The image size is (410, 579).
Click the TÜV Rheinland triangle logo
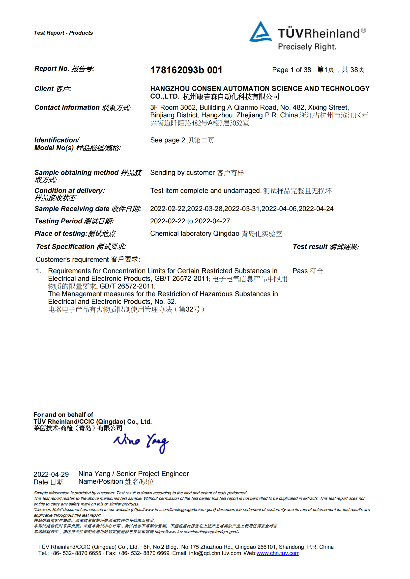tap(260, 32)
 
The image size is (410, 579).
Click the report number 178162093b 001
tap(186, 70)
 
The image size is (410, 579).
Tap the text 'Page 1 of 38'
tap(291, 70)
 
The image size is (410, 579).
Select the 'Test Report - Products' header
tap(63, 33)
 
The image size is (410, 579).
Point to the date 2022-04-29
tap(51, 474)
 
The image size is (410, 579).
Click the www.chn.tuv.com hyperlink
tap(278, 553)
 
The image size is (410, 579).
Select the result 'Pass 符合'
tap(308, 271)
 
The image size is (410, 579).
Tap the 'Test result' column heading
tap(326, 247)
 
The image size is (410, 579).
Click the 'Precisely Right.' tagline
tap(307, 47)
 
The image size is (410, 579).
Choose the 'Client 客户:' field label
tap(53, 89)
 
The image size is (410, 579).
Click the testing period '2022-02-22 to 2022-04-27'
tap(190, 221)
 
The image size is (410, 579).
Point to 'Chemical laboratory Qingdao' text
tap(195, 234)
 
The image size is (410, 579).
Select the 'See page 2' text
tap(168, 140)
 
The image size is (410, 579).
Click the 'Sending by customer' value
tap(182, 173)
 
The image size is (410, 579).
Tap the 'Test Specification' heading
tap(81, 247)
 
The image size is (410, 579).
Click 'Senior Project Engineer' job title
tap(152, 474)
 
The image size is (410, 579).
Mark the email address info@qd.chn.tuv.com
tap(215, 553)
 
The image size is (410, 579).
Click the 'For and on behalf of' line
tap(63, 415)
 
